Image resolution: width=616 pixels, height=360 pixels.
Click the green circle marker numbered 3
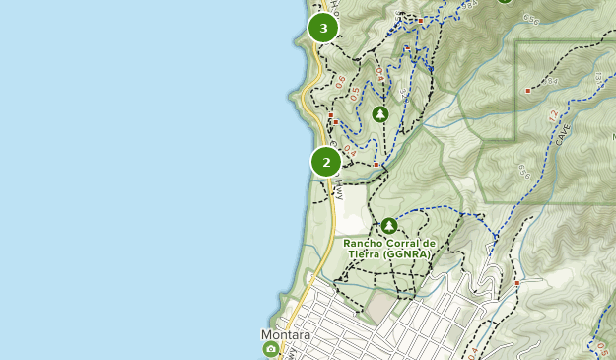pos(323,28)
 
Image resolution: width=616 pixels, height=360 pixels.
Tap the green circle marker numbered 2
pos(326,162)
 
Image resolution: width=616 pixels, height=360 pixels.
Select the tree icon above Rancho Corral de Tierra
pos(389,226)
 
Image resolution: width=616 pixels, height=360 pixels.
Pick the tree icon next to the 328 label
pos(380,114)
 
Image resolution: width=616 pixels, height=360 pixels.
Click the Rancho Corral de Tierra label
pos(388,243)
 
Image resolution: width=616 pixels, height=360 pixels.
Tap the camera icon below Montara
pos(271,349)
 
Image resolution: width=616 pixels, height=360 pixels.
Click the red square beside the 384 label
pos(530,90)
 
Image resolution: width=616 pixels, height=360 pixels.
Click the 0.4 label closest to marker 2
pos(351,149)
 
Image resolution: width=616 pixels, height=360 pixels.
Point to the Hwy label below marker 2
pos(339,191)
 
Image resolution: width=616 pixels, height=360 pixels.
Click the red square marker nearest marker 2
pos(375,165)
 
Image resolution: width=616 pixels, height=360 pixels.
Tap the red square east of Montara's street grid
pos(516,283)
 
